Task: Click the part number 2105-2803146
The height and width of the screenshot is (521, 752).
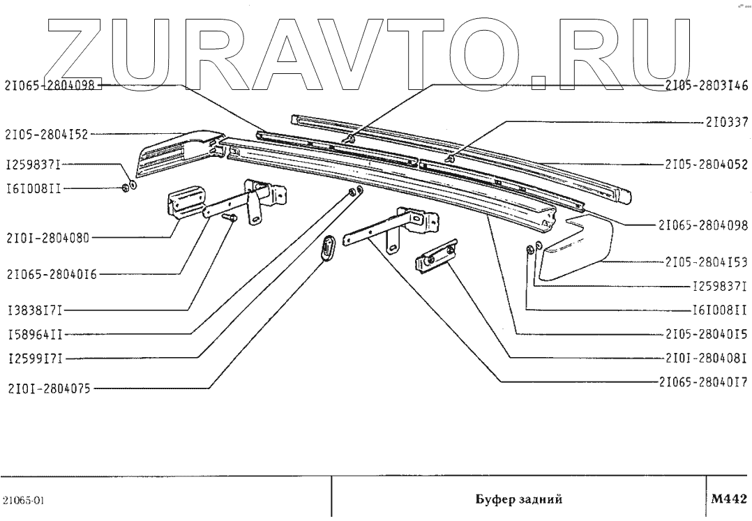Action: click(x=705, y=85)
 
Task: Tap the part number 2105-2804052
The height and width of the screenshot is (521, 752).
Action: click(x=705, y=165)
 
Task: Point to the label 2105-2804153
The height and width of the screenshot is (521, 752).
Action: click(x=705, y=263)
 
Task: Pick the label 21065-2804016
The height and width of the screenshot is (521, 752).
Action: click(x=51, y=273)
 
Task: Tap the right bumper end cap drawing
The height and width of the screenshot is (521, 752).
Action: click(x=576, y=249)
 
